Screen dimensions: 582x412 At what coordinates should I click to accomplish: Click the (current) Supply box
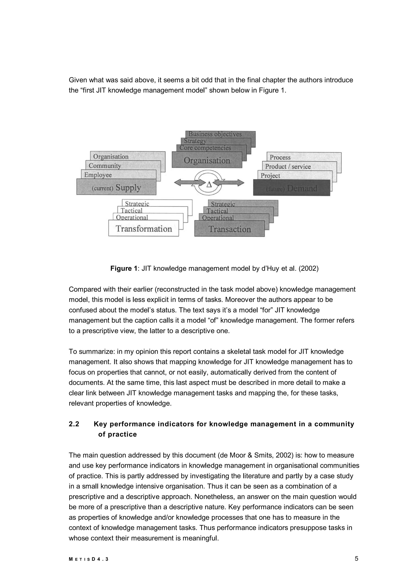click(x=116, y=187)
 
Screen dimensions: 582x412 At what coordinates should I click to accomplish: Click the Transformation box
click(x=144, y=229)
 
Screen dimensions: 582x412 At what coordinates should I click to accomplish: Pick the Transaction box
click(x=230, y=229)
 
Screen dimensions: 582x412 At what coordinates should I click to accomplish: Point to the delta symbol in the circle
click(x=209, y=185)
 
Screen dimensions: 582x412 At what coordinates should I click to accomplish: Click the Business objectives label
click(x=215, y=134)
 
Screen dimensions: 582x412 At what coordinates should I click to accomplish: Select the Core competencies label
click(x=205, y=148)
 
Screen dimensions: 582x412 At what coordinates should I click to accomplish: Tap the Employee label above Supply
click(x=98, y=175)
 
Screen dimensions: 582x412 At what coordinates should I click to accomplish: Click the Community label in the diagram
click(x=105, y=166)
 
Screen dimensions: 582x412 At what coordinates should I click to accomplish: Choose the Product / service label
click(x=288, y=166)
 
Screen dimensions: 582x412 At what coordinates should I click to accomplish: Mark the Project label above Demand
click(x=270, y=176)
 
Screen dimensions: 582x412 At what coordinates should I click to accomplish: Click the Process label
click(x=280, y=157)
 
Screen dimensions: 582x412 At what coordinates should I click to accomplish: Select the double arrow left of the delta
click(x=189, y=182)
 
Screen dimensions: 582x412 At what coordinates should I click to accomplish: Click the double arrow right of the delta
click(x=229, y=183)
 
